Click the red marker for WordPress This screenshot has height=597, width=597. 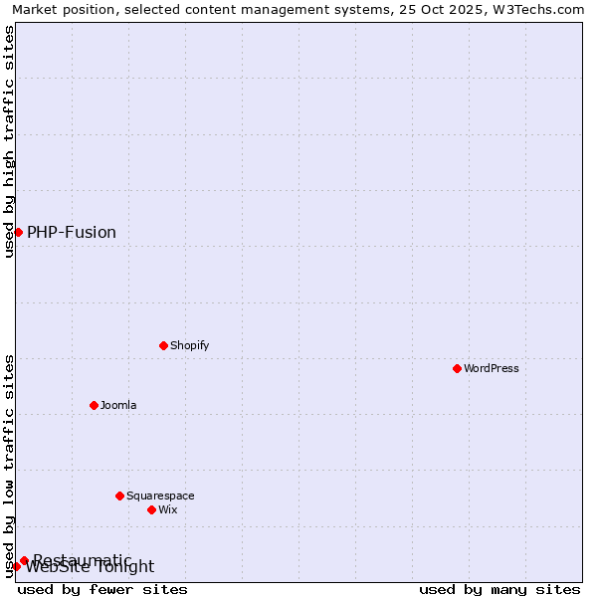[x=457, y=368]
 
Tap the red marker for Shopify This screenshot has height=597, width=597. [x=163, y=345]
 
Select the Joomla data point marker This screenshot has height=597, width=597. [x=94, y=405]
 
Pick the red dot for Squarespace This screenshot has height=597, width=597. [x=119, y=496]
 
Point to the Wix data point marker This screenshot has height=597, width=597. [x=151, y=509]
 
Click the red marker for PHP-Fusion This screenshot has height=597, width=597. [x=18, y=232]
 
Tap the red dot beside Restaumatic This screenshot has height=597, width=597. [x=24, y=560]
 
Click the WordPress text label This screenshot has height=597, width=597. [x=492, y=368]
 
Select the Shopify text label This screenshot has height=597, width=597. [x=189, y=345]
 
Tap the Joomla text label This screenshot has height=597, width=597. [x=118, y=405]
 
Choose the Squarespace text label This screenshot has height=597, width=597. [x=160, y=496]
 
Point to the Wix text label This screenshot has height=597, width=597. [x=168, y=509]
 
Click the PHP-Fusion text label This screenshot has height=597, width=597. [x=72, y=232]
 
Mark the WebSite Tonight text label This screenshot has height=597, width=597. [x=91, y=568]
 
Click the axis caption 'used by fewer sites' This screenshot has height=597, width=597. [x=102, y=589]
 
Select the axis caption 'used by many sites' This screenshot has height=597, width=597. [x=499, y=589]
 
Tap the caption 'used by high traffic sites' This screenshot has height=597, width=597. [x=9, y=141]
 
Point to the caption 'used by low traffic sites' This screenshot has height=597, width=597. [x=9, y=466]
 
